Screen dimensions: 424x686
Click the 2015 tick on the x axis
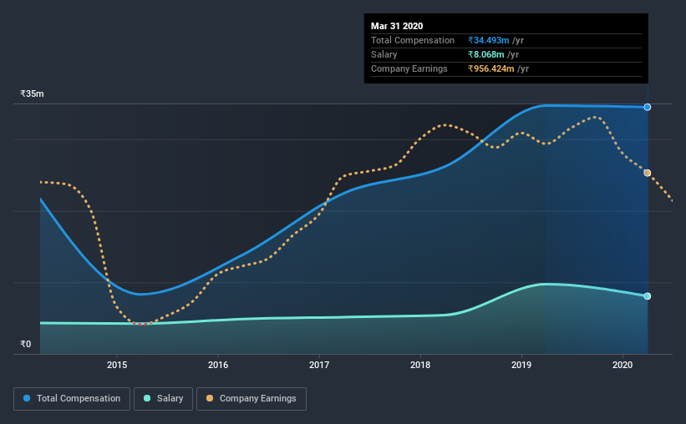[117, 365]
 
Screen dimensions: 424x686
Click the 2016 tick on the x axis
[218, 365]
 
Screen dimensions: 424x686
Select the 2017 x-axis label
[319, 365]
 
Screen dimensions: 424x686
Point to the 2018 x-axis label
[420, 365]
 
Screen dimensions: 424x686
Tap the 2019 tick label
[521, 365]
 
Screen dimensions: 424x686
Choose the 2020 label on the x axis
[622, 365]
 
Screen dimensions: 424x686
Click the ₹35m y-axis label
[32, 94]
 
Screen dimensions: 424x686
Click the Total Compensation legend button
[72, 399]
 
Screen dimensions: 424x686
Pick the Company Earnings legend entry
[252, 399]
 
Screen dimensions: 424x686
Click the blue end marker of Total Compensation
[648, 107]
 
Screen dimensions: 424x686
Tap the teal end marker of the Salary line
[648, 296]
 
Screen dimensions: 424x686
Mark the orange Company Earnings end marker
[648, 173]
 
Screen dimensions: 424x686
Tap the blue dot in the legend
[27, 399]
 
